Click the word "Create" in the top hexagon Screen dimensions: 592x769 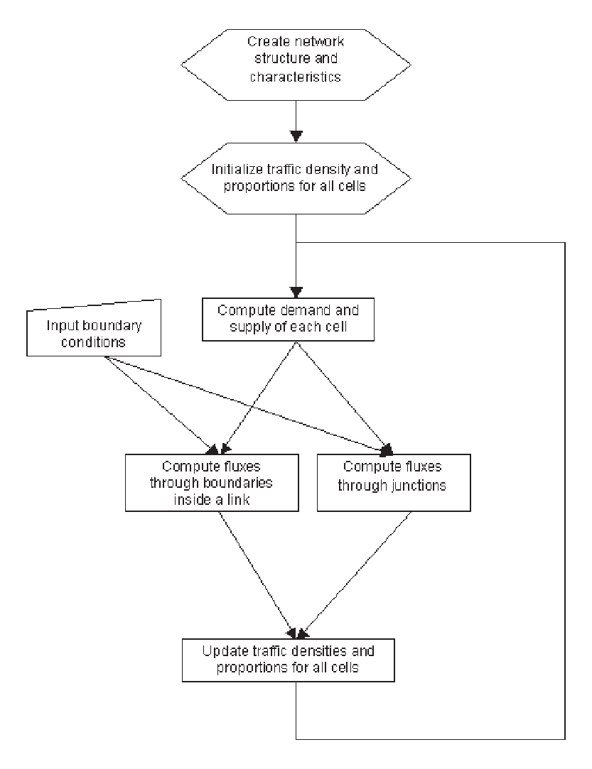(x=269, y=41)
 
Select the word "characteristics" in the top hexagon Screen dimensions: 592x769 (x=296, y=77)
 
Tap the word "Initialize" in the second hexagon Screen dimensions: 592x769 (x=237, y=169)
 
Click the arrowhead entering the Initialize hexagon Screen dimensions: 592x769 (x=296, y=136)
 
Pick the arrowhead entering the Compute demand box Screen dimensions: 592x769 (x=296, y=293)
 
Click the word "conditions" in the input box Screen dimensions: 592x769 (x=93, y=342)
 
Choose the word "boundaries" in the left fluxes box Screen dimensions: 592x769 (x=237, y=483)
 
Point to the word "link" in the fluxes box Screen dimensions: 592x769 (x=238, y=499)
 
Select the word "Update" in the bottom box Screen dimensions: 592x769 (x=225, y=651)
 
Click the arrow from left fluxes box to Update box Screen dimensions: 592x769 (x=257, y=574)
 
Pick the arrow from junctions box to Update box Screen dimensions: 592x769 (x=355, y=574)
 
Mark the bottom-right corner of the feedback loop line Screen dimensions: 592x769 (x=565, y=739)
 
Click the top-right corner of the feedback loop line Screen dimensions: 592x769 (x=565, y=242)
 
